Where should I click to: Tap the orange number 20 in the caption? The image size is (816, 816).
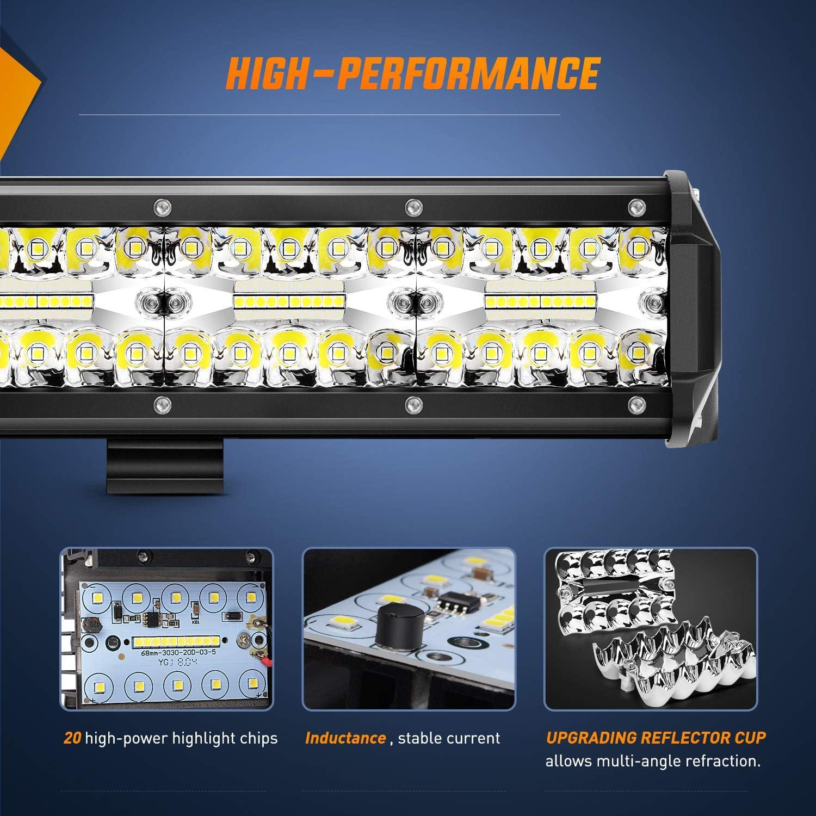(x=72, y=738)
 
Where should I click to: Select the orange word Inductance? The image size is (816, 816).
(x=345, y=738)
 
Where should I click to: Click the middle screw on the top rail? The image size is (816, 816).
(x=412, y=206)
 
